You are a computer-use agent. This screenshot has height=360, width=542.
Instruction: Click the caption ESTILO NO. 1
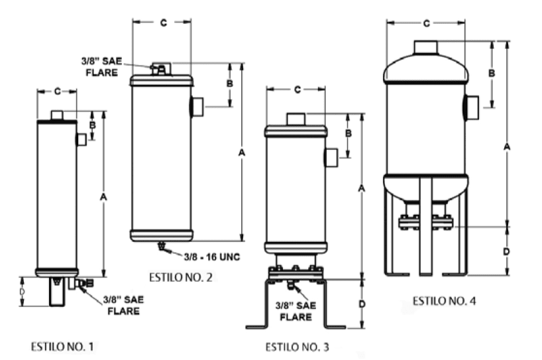tap(62, 347)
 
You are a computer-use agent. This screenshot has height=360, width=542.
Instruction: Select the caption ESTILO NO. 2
tap(181, 277)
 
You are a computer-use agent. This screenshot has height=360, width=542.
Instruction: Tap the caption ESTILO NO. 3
tap(298, 347)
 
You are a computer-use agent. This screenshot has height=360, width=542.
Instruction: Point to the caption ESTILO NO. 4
tap(444, 301)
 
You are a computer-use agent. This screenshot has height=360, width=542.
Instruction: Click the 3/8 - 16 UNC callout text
tap(211, 257)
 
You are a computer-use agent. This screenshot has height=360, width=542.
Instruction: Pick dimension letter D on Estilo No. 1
tap(22, 292)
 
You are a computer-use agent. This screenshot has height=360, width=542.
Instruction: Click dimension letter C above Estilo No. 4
tap(427, 23)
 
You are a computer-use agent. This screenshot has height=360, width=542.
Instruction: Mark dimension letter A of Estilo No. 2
tap(242, 152)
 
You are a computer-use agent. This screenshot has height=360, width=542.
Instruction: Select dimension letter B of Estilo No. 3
tap(349, 133)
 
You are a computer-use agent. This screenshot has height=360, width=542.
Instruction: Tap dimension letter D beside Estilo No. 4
tap(506, 251)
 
